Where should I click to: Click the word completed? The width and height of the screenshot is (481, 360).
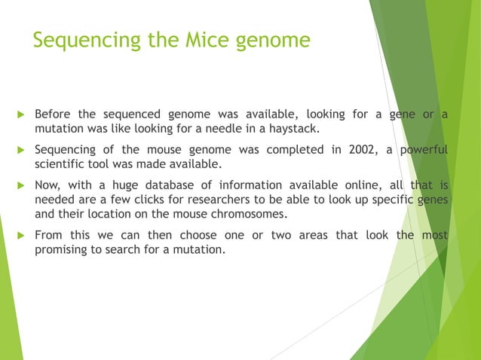(286, 149)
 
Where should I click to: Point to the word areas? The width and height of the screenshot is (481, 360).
(314, 235)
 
